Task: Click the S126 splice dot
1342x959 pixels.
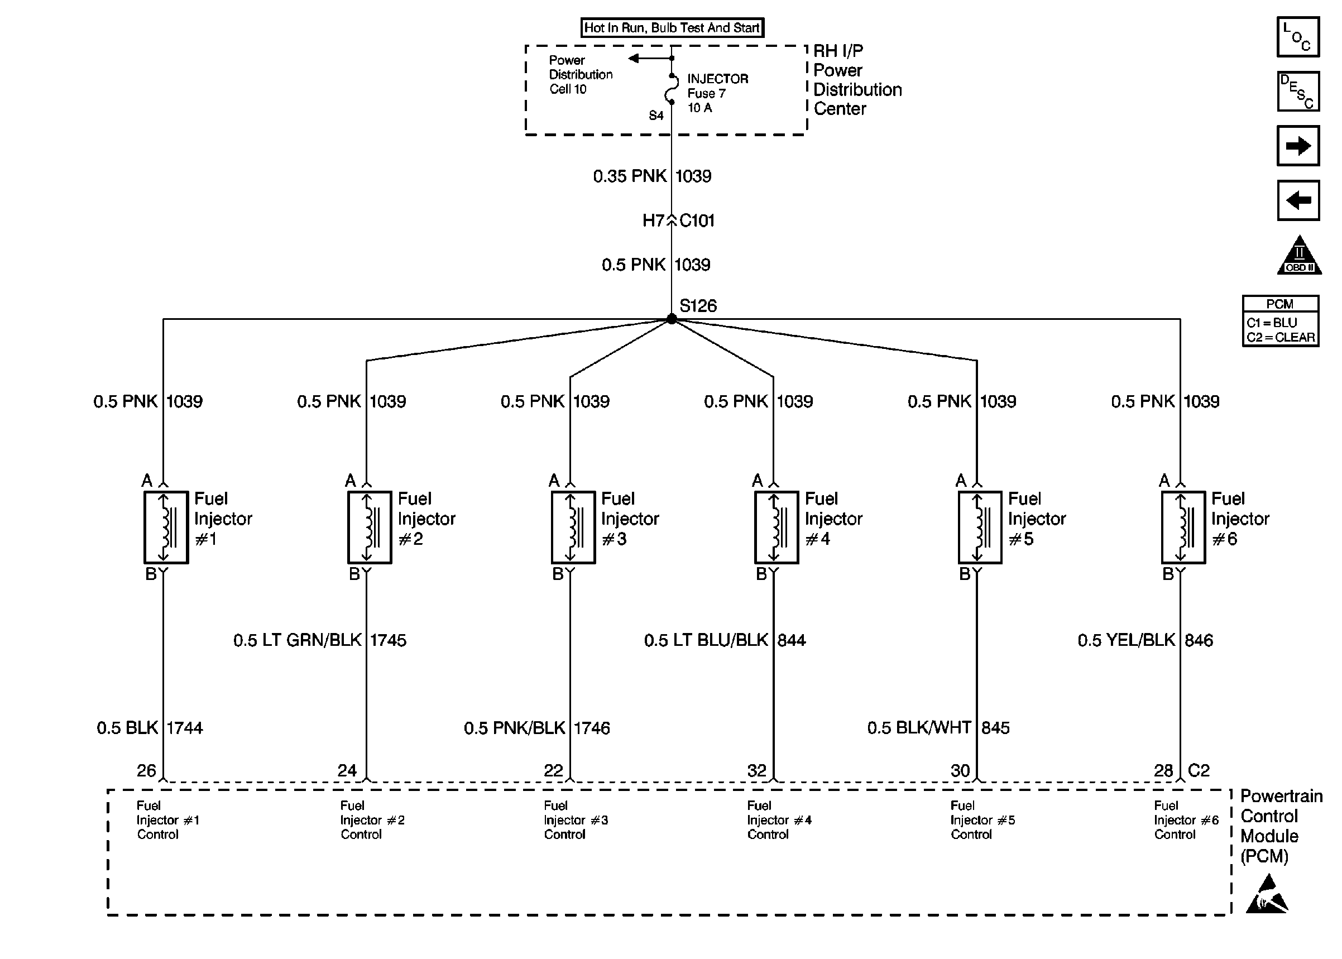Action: tap(672, 319)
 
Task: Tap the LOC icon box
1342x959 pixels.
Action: tap(1297, 37)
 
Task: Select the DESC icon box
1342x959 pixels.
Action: tap(1297, 92)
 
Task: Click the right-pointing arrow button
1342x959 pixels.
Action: tap(1297, 145)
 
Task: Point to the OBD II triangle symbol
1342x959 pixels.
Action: tap(1298, 256)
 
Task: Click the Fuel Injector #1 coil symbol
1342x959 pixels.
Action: tap(166, 528)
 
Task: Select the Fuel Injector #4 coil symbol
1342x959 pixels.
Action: tap(777, 528)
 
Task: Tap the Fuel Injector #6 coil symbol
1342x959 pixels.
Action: tap(1183, 528)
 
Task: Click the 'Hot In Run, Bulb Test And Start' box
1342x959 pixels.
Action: tap(672, 28)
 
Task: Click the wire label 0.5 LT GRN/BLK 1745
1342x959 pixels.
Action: tap(319, 640)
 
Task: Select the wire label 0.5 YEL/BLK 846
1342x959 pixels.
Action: tap(1145, 640)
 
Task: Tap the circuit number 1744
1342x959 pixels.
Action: tap(184, 727)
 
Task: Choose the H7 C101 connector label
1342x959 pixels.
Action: tap(678, 221)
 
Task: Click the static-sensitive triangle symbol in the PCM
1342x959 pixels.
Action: tap(1267, 895)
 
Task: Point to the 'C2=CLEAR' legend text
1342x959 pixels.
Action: tap(1280, 337)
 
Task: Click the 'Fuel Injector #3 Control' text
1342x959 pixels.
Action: tap(575, 819)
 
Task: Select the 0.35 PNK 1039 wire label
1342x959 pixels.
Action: tap(652, 176)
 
